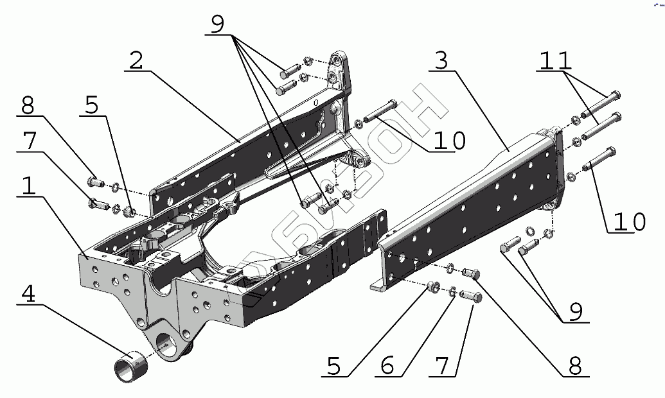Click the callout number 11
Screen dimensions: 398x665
tap(553, 61)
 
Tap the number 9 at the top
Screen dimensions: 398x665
tap(217, 25)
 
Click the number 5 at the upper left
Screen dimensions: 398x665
tap(92, 105)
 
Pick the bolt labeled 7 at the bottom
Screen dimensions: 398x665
tap(472, 297)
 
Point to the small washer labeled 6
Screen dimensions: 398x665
tap(452, 292)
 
